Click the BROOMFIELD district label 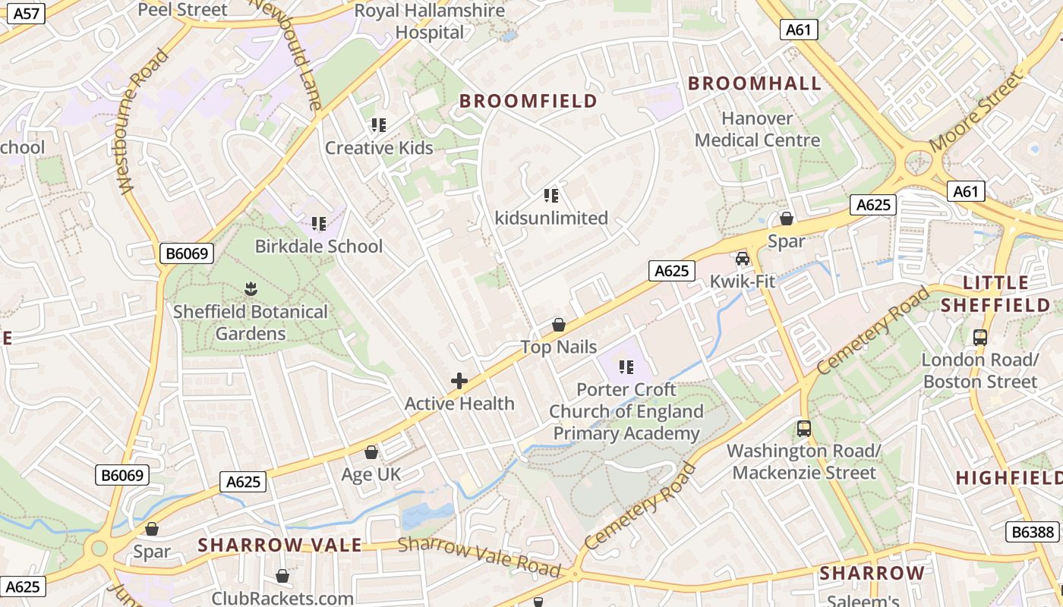point(528,101)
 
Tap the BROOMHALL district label point(755,83)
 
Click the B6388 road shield point(1034,532)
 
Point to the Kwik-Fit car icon point(743,259)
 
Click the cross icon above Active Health point(459,381)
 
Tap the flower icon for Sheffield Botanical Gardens point(251,289)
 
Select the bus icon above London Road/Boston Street point(980,337)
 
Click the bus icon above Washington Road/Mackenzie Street point(804,429)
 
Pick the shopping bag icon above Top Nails point(559,325)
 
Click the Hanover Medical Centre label point(757,129)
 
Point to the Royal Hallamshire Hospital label point(430,21)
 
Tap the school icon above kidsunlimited point(551,196)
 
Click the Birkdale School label point(319,246)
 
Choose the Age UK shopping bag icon point(371,453)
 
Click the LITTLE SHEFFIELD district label point(995,294)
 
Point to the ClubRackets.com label point(282,598)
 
